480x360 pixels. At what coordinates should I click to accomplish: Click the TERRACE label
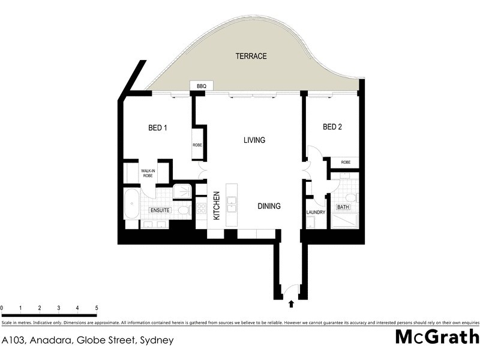251,56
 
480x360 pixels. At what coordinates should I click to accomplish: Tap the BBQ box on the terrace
201,86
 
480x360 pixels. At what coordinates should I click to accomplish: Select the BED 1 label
158,127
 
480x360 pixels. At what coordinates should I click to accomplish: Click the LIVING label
254,140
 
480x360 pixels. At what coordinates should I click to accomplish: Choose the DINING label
269,206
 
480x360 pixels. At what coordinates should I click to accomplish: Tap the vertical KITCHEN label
217,205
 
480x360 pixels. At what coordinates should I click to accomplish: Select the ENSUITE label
160,211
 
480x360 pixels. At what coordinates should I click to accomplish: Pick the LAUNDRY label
315,212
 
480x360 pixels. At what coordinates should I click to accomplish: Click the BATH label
343,207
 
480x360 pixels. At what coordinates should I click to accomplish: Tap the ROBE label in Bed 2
346,162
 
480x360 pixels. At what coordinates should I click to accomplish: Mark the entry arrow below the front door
292,304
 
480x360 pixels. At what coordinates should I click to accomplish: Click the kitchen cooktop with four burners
201,209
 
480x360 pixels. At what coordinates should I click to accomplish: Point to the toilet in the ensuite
184,210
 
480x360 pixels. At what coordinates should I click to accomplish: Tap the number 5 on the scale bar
97,308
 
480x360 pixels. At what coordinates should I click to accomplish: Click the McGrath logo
436,337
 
